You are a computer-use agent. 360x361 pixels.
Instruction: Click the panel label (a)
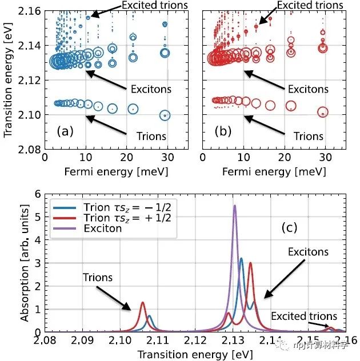(x=65, y=132)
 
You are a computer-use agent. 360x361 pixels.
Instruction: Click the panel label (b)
(x=223, y=132)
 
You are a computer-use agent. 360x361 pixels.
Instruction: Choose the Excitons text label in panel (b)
(x=309, y=89)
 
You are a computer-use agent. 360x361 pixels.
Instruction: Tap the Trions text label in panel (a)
(x=151, y=136)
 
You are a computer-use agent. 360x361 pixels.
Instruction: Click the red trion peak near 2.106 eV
(x=142, y=303)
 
